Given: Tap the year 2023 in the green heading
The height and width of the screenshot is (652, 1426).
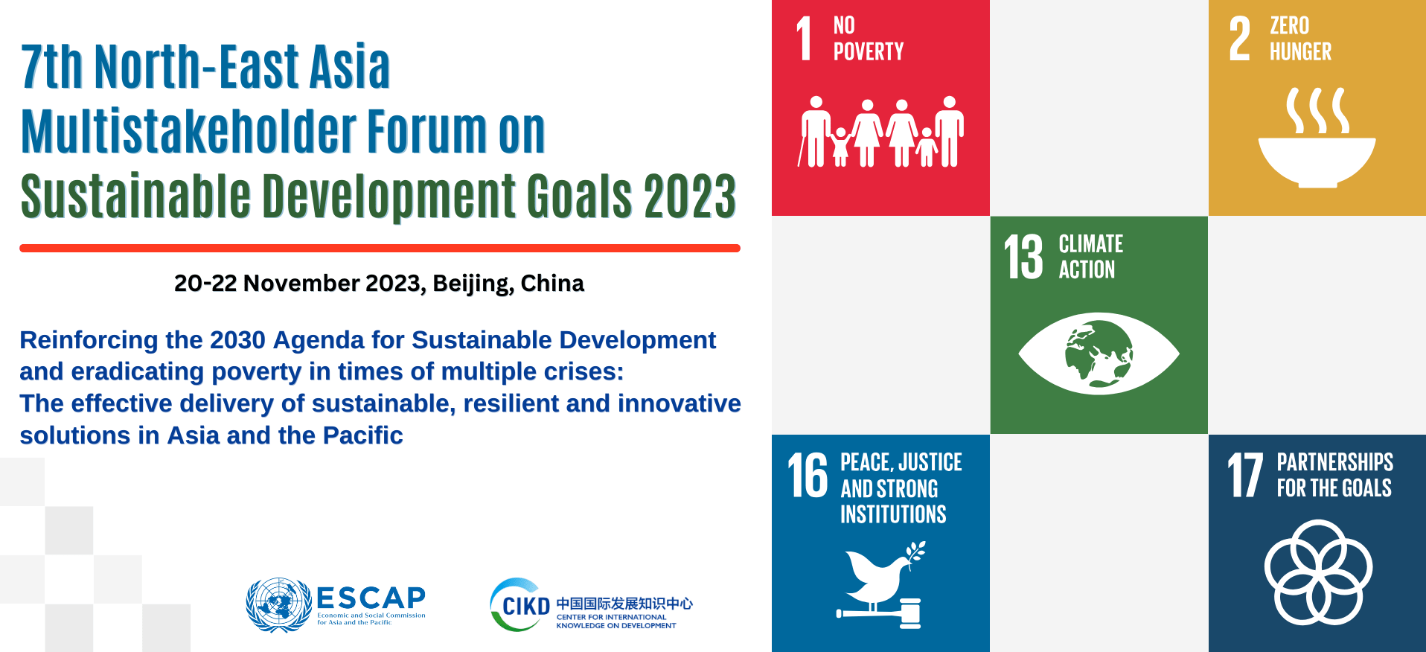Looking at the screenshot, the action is (x=690, y=196).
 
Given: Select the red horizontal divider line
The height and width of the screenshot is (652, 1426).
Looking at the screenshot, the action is (x=380, y=248).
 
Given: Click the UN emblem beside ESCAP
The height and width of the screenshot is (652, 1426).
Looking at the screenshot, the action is (x=279, y=604).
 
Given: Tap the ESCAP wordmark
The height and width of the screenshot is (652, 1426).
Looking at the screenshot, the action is (x=371, y=598).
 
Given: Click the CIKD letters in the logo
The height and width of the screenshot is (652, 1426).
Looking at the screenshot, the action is (x=526, y=607).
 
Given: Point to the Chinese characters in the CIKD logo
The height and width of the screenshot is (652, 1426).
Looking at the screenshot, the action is (x=624, y=604).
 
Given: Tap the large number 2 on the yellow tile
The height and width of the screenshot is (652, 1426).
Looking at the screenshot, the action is (x=1240, y=39).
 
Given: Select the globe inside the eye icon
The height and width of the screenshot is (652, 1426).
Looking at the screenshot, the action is (x=1099, y=354).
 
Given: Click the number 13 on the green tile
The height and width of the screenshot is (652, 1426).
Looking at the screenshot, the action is (x=1024, y=258).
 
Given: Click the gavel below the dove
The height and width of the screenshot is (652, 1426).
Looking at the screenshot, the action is (x=879, y=613).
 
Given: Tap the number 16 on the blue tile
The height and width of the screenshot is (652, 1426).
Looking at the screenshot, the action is (x=808, y=476).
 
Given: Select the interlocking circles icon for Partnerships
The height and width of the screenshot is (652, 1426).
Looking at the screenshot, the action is (x=1318, y=572).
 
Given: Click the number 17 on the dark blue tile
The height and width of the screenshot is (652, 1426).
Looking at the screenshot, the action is (x=1245, y=475).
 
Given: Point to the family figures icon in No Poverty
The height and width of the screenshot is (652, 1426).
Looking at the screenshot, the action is (x=881, y=132).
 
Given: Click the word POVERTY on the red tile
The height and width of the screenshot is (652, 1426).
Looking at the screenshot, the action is (x=869, y=51).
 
